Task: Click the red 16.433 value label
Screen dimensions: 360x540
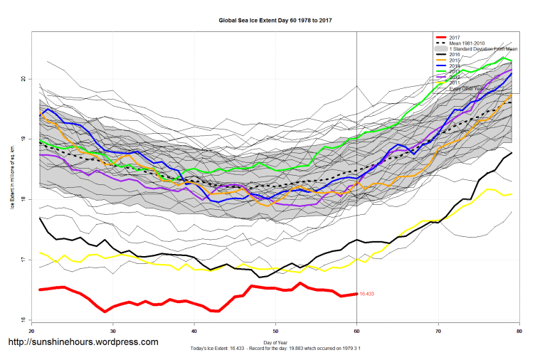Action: (x=367, y=294)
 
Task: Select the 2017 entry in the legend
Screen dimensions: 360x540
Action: (x=455, y=37)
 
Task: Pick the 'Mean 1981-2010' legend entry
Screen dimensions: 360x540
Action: (x=469, y=43)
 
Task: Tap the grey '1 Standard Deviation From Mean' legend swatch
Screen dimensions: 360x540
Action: (x=441, y=49)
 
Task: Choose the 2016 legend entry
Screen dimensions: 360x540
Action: (x=455, y=55)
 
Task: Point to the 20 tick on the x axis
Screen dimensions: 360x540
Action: (x=31, y=332)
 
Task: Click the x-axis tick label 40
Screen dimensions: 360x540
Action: (x=194, y=332)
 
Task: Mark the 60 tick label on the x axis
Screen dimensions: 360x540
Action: (x=356, y=332)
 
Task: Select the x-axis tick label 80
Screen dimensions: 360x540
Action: (x=519, y=332)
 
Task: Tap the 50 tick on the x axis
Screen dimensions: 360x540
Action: (x=275, y=332)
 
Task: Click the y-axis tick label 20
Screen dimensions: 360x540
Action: (x=23, y=79)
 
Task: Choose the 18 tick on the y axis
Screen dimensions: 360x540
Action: (x=23, y=200)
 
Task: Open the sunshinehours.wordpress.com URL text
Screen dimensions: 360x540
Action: (x=83, y=342)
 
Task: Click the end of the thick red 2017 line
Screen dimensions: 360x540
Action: (x=356, y=294)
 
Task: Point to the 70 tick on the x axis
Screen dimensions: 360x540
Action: (x=438, y=332)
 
